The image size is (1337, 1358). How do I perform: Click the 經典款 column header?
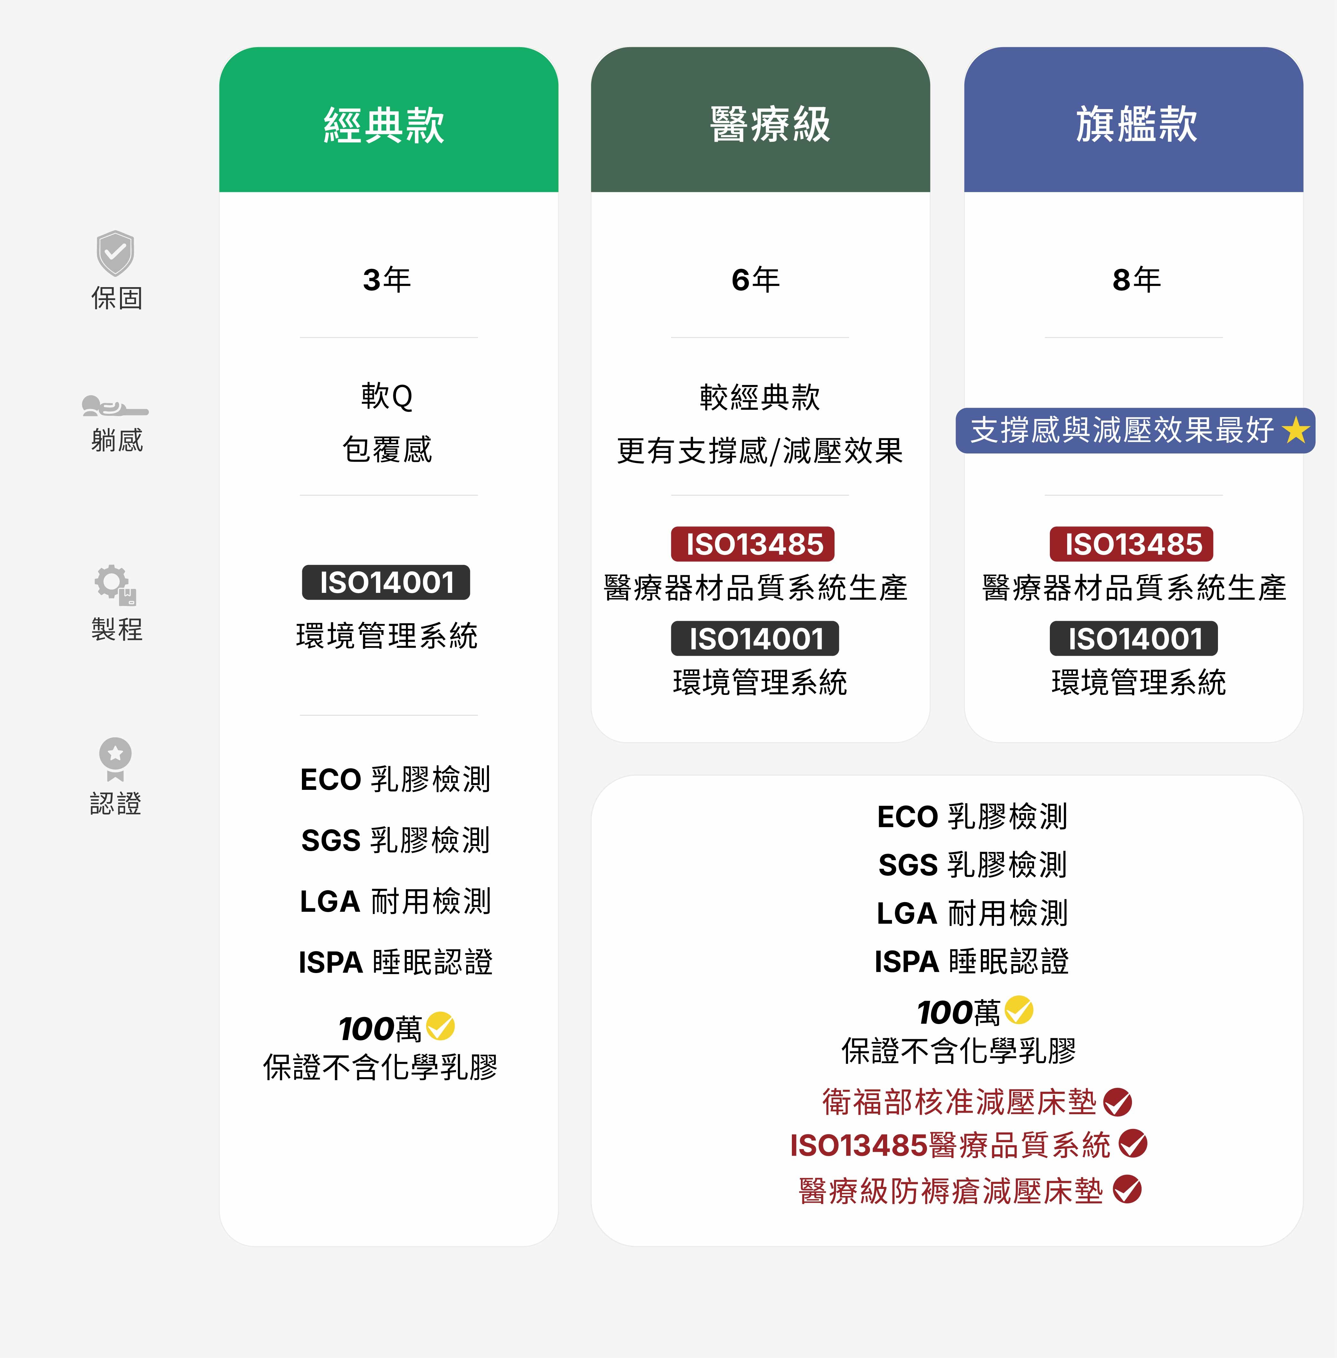pyautogui.click(x=384, y=125)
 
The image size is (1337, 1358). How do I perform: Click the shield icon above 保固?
pyautogui.click(x=115, y=253)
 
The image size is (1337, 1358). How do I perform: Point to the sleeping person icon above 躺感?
pyautogui.click(x=115, y=406)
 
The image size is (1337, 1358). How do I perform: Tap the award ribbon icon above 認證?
pyautogui.click(x=115, y=758)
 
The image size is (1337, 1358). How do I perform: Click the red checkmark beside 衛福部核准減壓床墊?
pyautogui.click(x=1117, y=1102)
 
